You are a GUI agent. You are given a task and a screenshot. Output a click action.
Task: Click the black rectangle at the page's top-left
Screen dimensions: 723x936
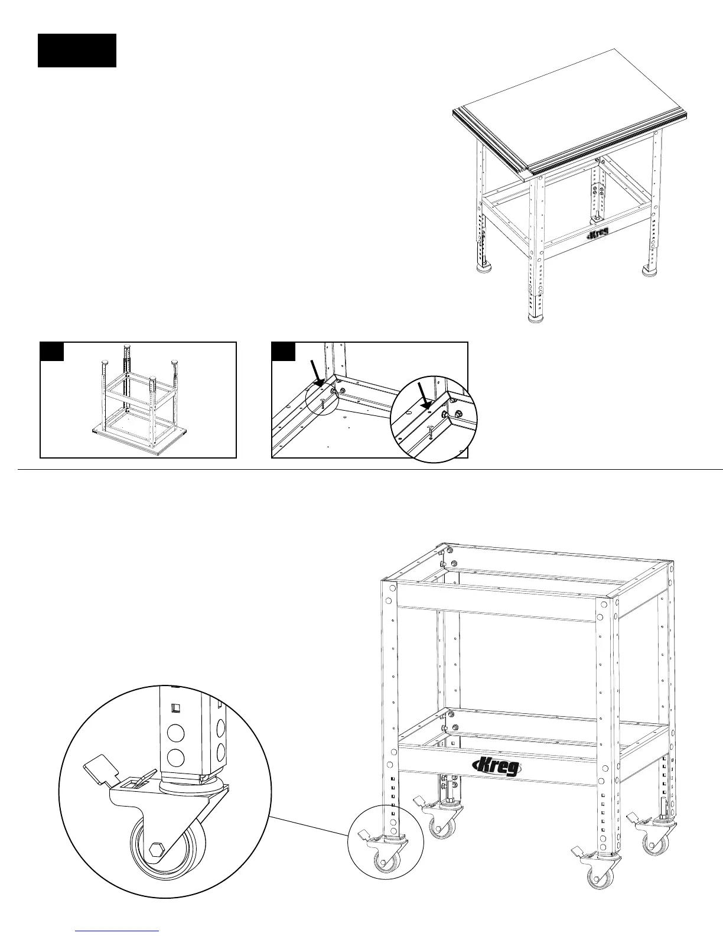[x=77, y=50]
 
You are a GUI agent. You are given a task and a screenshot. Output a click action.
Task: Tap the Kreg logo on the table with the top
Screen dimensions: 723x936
[x=598, y=235]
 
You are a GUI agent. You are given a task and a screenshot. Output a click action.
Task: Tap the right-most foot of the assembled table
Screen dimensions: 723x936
[x=650, y=271]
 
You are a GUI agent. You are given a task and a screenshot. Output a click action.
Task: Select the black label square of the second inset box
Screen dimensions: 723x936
[x=283, y=351]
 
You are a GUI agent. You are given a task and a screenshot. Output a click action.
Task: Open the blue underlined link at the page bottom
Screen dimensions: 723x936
[x=118, y=931]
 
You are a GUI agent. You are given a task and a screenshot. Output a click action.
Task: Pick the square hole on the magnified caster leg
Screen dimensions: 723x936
[x=175, y=708]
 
